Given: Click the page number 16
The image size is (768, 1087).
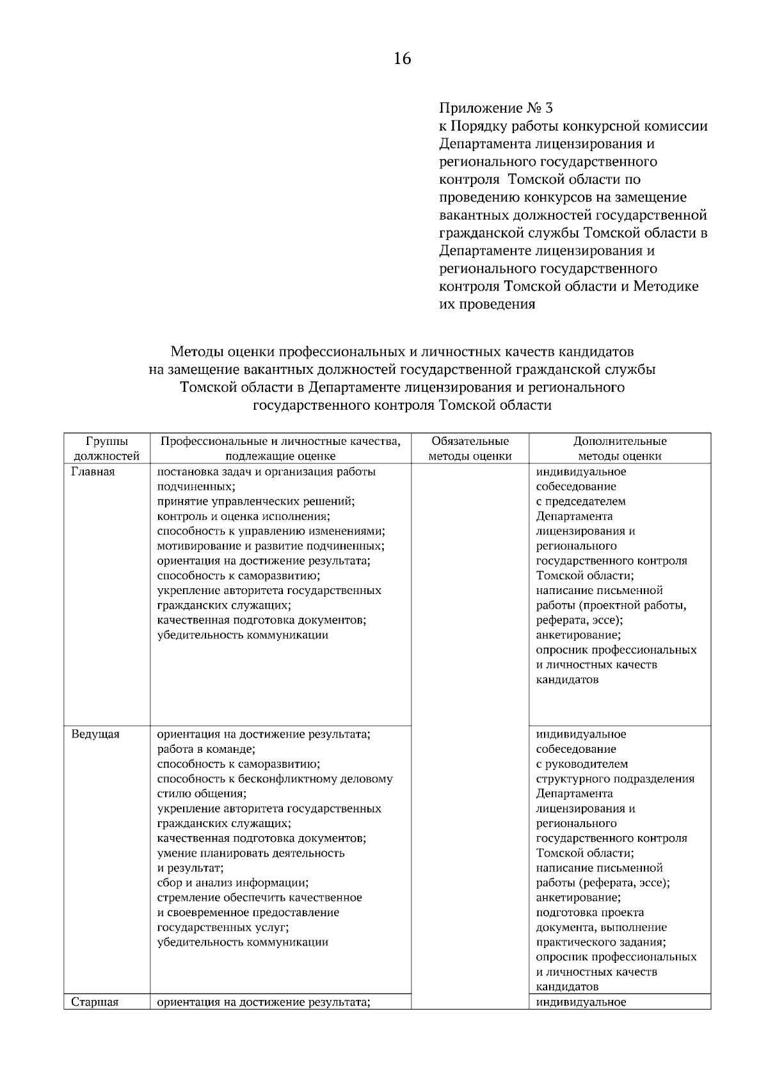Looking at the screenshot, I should click(402, 60).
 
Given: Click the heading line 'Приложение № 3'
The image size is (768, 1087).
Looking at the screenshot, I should click(495, 108).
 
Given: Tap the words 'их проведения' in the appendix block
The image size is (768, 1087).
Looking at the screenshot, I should click(487, 304).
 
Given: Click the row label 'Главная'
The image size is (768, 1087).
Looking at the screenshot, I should click(93, 472).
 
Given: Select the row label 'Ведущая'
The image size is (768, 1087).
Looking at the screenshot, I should click(95, 734).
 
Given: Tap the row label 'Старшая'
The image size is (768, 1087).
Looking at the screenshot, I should click(95, 1002).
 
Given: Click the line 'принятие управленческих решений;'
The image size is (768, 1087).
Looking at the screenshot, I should click(256, 502).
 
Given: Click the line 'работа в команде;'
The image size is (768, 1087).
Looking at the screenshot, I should click(206, 749).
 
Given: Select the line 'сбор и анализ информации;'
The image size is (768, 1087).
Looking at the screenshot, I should click(232, 883).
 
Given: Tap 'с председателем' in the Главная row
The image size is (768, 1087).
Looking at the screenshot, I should click(580, 502).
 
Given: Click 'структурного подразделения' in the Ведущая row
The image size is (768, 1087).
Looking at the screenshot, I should click(614, 779).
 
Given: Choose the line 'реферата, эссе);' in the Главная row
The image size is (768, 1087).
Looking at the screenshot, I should click(579, 620).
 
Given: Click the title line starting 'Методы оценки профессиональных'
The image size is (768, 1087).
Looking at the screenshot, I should click(402, 351).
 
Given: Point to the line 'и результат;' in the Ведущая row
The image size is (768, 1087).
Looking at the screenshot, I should click(190, 868).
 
